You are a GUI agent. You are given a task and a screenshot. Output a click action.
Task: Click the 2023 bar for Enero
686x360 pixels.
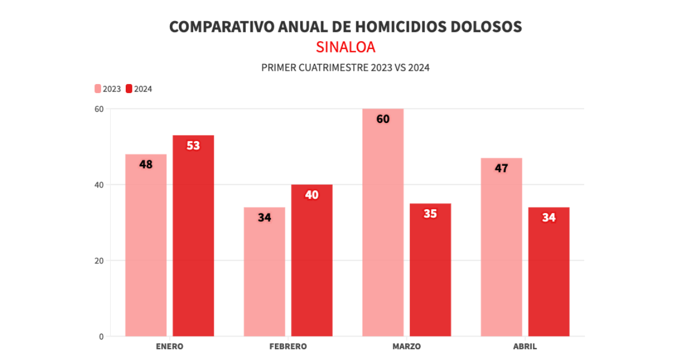(146, 246)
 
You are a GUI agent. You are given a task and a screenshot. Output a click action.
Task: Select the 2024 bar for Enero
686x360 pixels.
(193, 237)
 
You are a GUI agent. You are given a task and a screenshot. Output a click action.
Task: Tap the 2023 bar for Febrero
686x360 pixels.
(264, 273)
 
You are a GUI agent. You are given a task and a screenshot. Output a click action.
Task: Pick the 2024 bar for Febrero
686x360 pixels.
(312, 261)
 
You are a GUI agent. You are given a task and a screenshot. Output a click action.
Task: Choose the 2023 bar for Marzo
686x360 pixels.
(383, 223)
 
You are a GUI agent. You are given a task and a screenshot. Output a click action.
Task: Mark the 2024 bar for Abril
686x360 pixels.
(549, 273)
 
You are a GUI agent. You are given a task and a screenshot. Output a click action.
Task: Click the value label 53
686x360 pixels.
(193, 146)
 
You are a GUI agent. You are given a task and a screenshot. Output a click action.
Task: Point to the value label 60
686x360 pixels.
(383, 119)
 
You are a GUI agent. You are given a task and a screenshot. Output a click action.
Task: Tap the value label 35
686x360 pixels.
(430, 214)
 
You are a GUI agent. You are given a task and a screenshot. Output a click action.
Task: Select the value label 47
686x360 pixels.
(501, 169)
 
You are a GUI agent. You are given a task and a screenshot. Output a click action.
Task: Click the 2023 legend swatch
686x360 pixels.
(98, 89)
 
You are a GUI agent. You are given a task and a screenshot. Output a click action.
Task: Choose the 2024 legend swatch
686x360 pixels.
(129, 89)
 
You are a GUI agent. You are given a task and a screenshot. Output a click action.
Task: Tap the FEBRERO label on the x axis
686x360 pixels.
(288, 346)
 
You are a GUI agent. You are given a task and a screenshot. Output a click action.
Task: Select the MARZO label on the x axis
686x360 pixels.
(406, 346)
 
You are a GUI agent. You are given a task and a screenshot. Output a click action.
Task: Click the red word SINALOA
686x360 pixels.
(345, 47)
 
